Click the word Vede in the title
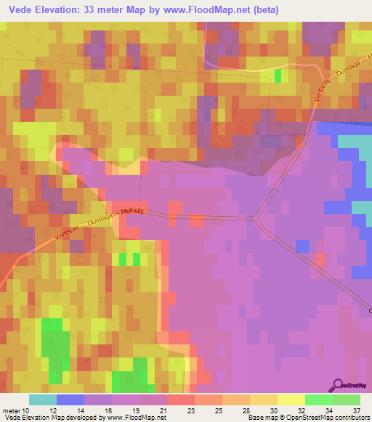tap(21, 10)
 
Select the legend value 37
tap(355, 410)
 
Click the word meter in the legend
tap(12, 410)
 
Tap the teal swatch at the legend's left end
tap(42, 400)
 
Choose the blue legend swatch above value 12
tap(70, 400)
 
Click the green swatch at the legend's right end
tap(346, 400)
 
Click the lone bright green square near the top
tap(278, 75)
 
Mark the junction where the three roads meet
tap(256, 217)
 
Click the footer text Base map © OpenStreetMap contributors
tap(308, 418)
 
